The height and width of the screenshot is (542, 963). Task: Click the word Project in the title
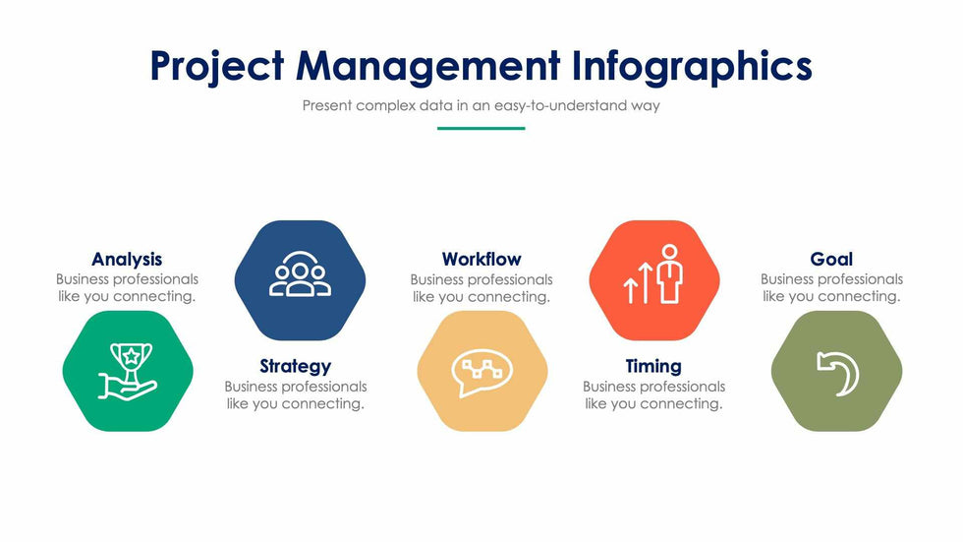coord(217,66)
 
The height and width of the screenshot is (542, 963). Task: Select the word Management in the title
coord(428,66)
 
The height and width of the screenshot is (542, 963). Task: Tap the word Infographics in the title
coord(692,66)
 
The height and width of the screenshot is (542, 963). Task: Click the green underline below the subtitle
coord(481,129)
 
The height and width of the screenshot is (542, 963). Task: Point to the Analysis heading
coord(127,260)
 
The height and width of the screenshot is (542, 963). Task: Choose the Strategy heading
coord(296,367)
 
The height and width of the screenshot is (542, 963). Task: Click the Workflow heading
coord(481,260)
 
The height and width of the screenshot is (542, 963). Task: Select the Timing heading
coord(653,367)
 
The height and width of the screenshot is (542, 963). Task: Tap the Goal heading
coord(831,260)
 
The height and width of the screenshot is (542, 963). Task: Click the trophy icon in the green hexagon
coord(131,363)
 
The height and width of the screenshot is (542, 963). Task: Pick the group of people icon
coord(300,274)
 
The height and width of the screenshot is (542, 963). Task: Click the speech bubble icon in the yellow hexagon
coord(482,373)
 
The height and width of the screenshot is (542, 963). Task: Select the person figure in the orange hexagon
coord(669,274)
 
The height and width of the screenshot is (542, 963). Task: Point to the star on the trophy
coord(131,354)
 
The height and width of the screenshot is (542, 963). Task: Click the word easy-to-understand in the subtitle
coord(560,105)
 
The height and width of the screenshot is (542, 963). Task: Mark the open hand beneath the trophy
coord(128,388)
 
